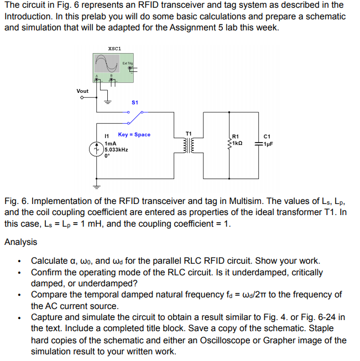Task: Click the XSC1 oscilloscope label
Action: coord(114,49)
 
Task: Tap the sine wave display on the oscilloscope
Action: coord(107,64)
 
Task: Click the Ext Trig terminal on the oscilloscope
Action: coord(130,68)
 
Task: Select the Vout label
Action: coord(82,91)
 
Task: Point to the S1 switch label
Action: coord(135,102)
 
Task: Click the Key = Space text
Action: coord(134,134)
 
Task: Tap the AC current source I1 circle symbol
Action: coord(97,149)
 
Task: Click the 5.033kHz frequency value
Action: coord(116,150)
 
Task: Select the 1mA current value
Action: coord(111,144)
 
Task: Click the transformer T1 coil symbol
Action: coord(189,145)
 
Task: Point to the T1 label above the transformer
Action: coord(189,134)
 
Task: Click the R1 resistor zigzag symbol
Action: coord(229,144)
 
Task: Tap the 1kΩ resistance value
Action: coord(237,143)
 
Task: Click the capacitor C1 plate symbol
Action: coord(258,144)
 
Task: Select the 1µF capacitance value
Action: coord(268,144)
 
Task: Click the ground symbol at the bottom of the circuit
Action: coord(97,187)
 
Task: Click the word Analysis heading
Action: coord(20,242)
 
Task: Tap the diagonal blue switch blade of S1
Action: coord(135,118)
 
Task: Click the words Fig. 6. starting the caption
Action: coord(17,201)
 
